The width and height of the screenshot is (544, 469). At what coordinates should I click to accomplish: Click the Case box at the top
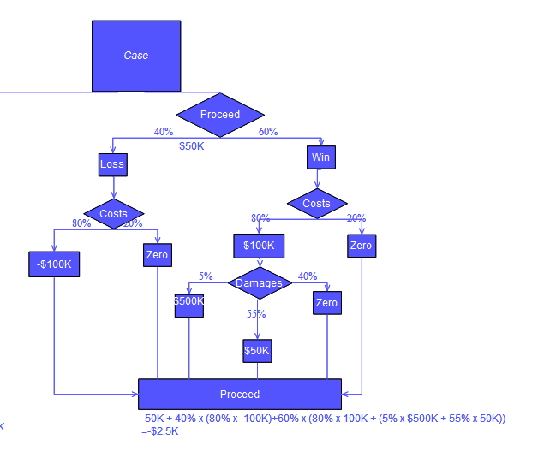(x=136, y=56)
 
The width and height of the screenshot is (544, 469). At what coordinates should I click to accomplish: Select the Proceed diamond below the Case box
(x=220, y=115)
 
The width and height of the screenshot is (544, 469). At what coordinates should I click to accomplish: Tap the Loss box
(x=112, y=164)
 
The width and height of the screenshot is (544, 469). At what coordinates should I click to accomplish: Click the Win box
(x=320, y=157)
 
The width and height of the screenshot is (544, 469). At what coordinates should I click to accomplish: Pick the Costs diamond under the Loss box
(x=113, y=213)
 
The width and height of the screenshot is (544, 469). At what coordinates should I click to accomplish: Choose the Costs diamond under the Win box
(x=317, y=204)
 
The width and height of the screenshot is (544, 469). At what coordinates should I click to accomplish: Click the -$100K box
(x=55, y=264)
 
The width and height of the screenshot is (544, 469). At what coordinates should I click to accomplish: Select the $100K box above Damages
(x=259, y=246)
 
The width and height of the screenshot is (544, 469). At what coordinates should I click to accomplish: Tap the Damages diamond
(x=259, y=283)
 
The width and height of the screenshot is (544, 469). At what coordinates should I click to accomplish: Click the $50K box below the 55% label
(x=257, y=350)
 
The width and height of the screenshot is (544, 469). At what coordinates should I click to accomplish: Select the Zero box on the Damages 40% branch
(x=326, y=303)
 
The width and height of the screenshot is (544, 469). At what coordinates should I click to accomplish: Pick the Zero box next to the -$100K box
(x=157, y=255)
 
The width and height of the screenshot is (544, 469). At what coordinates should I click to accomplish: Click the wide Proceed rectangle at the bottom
(x=240, y=394)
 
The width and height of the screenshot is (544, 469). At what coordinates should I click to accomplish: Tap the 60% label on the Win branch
(x=268, y=132)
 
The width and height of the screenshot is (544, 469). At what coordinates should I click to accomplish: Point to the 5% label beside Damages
(x=206, y=276)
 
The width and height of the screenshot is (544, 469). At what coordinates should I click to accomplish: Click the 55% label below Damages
(x=256, y=314)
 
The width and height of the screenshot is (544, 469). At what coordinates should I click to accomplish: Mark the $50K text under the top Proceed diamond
(x=192, y=145)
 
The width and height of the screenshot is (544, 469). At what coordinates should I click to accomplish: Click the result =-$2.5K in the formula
(x=160, y=431)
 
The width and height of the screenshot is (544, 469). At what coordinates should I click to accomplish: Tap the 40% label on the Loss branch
(x=164, y=132)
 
